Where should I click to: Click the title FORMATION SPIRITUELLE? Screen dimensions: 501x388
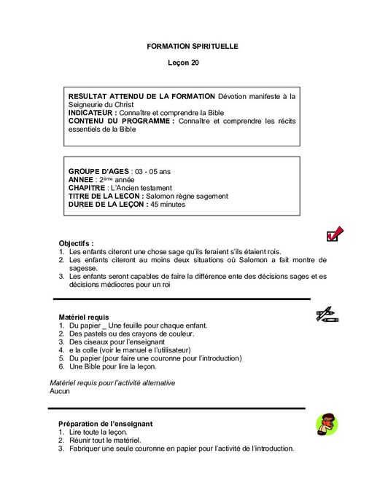(193, 46)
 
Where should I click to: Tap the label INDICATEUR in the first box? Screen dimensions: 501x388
(92, 113)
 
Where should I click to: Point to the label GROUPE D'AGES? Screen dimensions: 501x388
(98, 171)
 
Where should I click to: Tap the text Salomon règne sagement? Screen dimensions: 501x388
(187, 197)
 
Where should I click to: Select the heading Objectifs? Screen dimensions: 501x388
(76, 242)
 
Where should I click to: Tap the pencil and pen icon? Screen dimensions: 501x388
(326, 314)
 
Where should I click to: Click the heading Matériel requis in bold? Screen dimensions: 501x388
(83, 317)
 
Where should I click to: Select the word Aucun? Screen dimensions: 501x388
(50, 391)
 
